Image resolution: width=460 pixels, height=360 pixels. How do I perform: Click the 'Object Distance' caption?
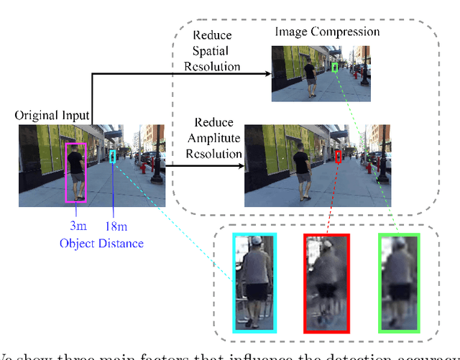(101, 243)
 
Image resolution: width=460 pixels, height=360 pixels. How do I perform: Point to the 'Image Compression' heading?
(328, 32)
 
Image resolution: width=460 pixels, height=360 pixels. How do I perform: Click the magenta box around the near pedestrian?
(75, 172)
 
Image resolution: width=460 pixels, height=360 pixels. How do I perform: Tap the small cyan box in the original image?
(112, 156)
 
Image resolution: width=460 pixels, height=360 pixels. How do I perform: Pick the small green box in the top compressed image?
(334, 67)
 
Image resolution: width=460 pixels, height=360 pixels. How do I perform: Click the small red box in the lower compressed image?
(339, 157)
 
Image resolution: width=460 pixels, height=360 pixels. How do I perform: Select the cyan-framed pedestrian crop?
(254, 283)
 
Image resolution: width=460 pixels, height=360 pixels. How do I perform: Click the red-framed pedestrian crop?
(326, 283)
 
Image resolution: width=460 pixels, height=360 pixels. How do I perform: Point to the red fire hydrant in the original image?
(142, 167)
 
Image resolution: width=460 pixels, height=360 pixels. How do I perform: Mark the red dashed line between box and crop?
(332, 198)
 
